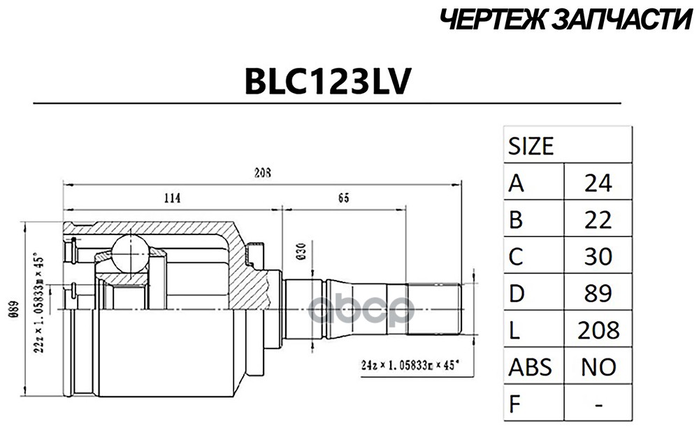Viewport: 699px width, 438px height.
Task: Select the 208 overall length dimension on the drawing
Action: (x=263, y=173)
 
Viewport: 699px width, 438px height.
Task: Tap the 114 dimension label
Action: (x=172, y=198)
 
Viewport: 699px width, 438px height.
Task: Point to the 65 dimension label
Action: (x=343, y=198)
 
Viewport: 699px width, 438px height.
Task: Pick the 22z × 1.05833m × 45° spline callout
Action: (x=42, y=304)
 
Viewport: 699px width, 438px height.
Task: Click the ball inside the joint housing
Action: (x=130, y=253)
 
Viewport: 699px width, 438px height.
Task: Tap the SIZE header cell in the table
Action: (x=531, y=146)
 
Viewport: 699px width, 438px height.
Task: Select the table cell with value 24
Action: (x=598, y=183)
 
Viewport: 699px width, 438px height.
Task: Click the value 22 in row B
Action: (x=598, y=220)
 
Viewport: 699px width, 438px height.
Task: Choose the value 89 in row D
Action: (x=598, y=294)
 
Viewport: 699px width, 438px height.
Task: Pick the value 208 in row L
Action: (x=598, y=330)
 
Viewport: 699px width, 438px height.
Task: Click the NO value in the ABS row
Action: (x=598, y=367)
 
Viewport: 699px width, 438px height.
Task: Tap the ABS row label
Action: (x=530, y=367)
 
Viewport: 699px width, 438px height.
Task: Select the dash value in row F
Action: (x=598, y=404)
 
